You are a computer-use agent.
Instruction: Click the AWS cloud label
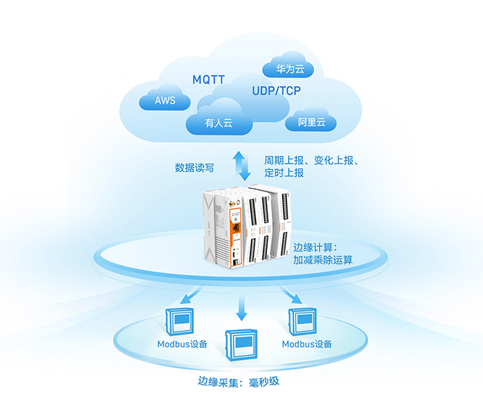pos(165,101)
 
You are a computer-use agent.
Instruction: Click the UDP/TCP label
pos(276,91)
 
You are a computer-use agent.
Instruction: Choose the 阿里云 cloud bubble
pos(311,123)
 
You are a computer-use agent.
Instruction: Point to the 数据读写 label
pos(198,167)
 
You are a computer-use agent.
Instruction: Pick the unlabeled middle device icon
pos(241,343)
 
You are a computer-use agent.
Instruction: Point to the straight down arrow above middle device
pos(241,309)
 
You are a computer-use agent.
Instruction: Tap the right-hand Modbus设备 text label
pos(307,344)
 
